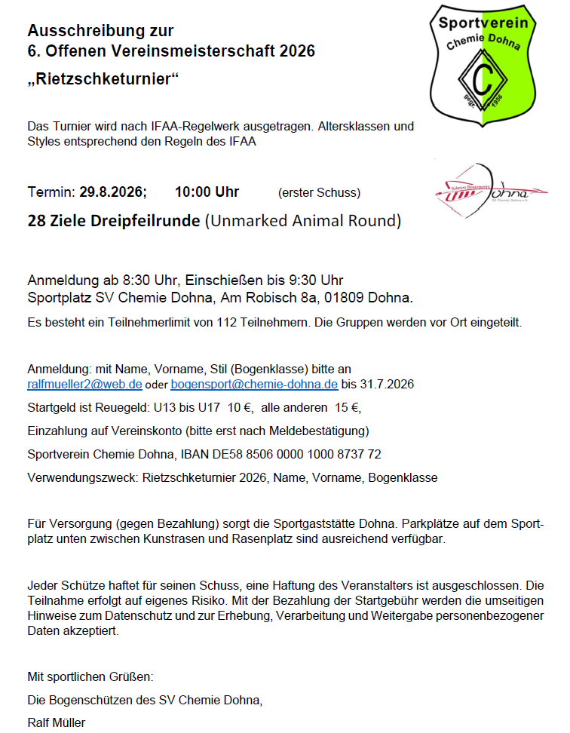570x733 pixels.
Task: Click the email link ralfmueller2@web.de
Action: [x=84, y=384]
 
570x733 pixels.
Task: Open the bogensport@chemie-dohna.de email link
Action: [x=254, y=384]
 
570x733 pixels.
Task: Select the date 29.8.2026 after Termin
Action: [x=113, y=192]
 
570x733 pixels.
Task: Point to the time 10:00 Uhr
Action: [x=207, y=192]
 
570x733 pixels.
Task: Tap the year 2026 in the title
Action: [x=296, y=51]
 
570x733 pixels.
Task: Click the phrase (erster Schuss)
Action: [x=319, y=193]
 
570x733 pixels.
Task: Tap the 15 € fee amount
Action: [x=347, y=408]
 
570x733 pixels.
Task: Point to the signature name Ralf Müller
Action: [x=56, y=722]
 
